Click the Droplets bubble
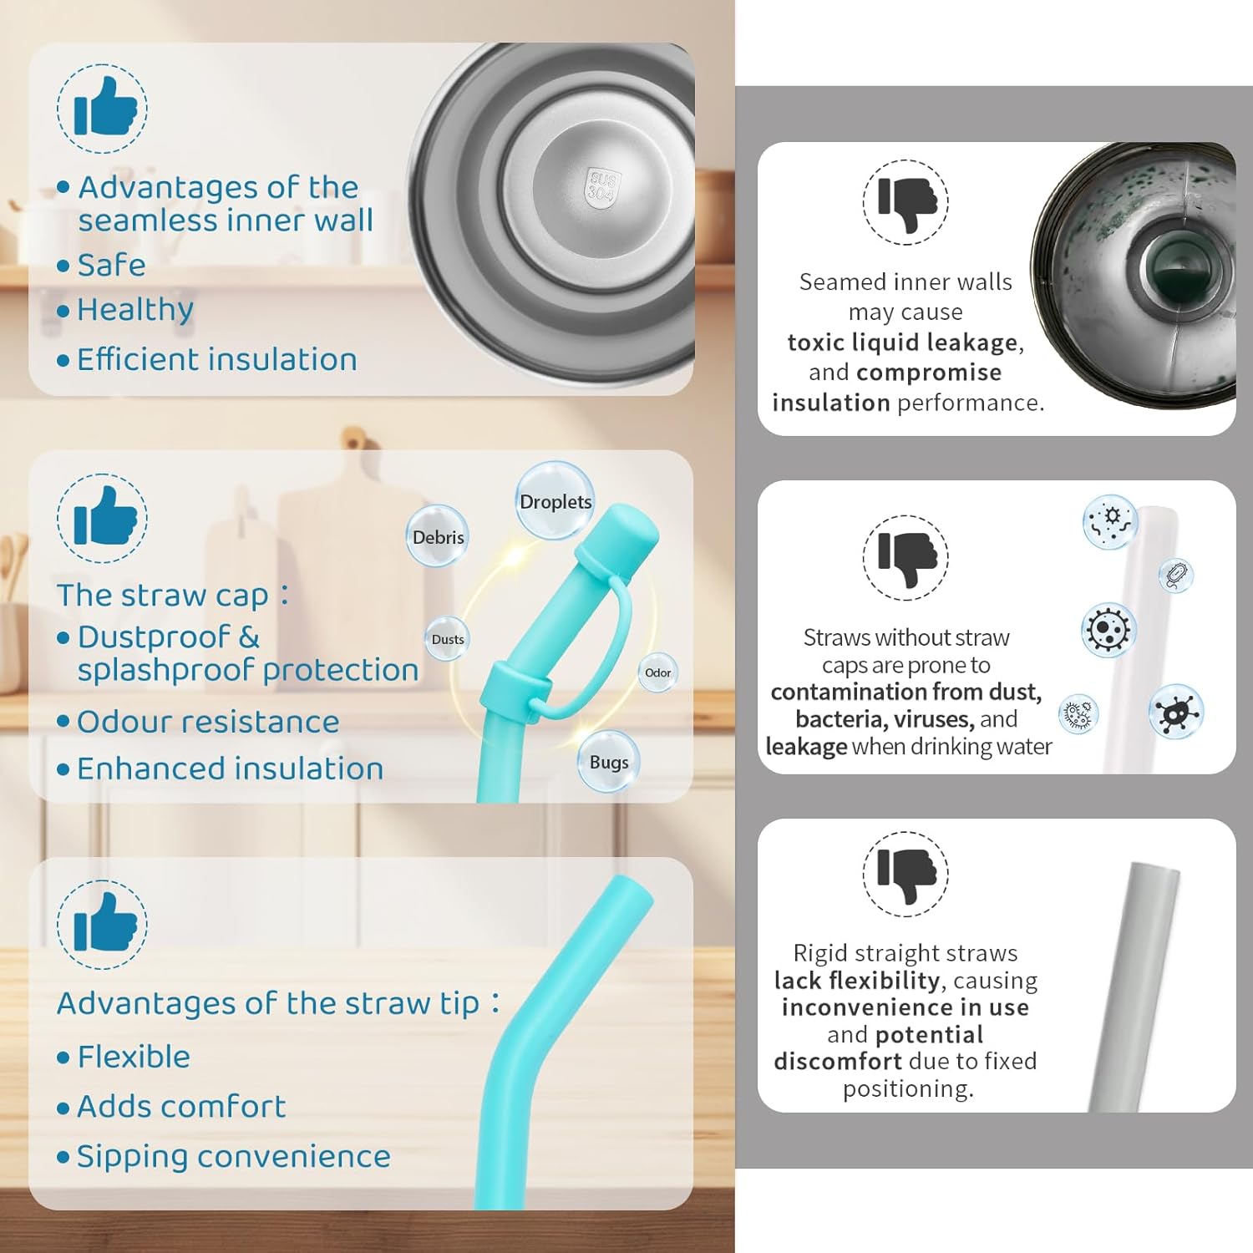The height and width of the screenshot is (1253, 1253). (x=555, y=501)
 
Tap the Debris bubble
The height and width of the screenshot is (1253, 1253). (x=438, y=536)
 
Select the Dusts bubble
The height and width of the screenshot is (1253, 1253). (x=447, y=639)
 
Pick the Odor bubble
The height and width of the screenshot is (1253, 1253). (x=657, y=672)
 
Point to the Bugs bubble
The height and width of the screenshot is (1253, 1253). (x=609, y=761)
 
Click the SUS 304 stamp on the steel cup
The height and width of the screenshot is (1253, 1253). (x=602, y=185)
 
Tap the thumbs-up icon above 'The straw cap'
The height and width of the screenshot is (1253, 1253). (x=103, y=519)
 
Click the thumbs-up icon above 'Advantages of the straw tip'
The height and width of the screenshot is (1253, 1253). (x=103, y=925)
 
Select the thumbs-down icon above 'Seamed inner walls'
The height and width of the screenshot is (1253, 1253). (x=906, y=202)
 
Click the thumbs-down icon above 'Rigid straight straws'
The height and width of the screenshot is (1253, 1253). (x=906, y=874)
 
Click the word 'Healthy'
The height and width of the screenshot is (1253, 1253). (x=135, y=310)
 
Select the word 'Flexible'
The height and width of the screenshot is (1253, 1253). (x=134, y=1057)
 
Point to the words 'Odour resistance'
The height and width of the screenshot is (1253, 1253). (x=208, y=722)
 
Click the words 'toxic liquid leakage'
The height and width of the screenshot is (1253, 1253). (x=903, y=342)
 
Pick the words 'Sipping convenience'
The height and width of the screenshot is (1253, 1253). (x=234, y=1157)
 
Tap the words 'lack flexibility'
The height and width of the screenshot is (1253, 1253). (x=857, y=980)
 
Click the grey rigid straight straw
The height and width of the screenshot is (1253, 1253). (x=1134, y=986)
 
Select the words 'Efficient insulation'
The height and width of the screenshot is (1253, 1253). (x=217, y=360)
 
